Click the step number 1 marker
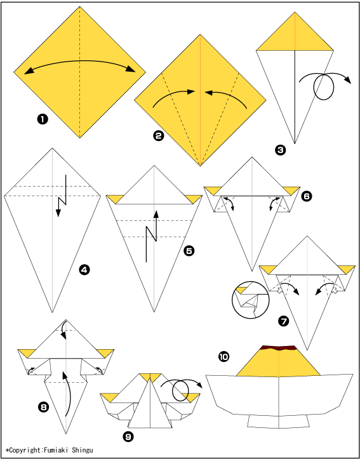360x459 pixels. [42, 120]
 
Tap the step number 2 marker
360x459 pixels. [157, 135]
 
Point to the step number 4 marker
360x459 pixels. [84, 270]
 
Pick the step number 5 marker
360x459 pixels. [189, 251]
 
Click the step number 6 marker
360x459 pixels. [306, 196]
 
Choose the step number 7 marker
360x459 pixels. [284, 322]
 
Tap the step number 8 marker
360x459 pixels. [43, 407]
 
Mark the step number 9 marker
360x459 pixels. [128, 437]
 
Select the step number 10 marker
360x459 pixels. [224, 356]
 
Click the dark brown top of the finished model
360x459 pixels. [278, 348]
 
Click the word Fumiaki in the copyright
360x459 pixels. [55, 449]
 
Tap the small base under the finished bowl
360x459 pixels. [278, 422]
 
